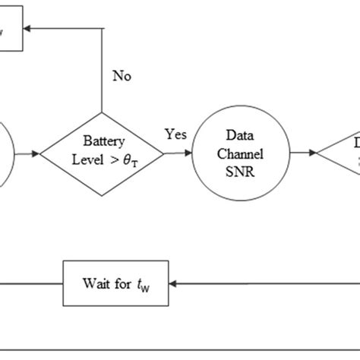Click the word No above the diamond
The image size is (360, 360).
(x=122, y=76)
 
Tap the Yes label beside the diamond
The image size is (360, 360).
(x=176, y=134)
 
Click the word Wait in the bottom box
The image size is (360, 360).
(x=94, y=283)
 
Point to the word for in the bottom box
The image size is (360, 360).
(x=122, y=283)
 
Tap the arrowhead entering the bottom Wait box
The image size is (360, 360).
(x=173, y=283)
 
